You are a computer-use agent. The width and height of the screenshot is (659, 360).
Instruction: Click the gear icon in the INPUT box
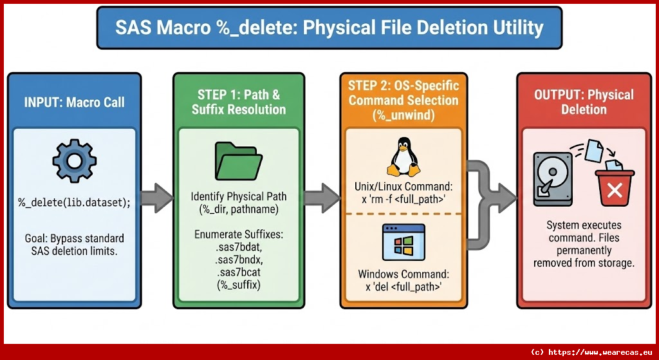point(74,160)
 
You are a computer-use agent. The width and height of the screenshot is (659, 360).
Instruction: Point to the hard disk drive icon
point(553,178)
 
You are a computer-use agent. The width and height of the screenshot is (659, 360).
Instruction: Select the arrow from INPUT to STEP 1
point(157,197)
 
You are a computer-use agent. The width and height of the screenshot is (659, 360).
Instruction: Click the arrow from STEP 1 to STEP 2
point(322,197)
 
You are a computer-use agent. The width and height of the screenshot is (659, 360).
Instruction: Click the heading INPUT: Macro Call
point(74,102)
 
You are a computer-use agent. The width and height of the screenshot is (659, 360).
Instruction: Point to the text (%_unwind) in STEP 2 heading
point(404,115)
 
